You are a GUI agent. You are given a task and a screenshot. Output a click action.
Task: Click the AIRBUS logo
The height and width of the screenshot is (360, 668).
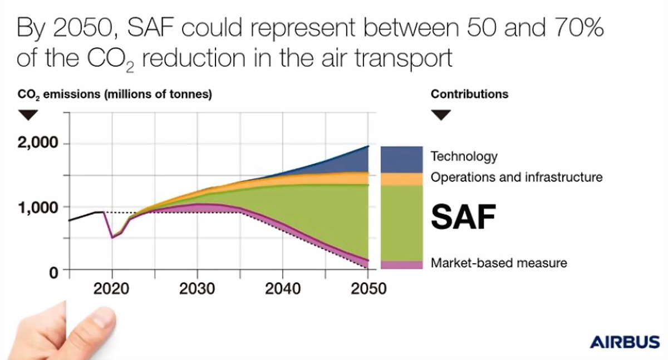[x=624, y=342]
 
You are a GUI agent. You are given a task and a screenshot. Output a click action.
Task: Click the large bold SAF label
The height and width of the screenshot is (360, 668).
[x=463, y=217]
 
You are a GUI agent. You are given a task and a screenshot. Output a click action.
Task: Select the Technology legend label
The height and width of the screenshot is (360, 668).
[x=464, y=156]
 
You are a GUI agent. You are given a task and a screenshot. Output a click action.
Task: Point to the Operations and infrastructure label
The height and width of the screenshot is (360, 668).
[x=517, y=177]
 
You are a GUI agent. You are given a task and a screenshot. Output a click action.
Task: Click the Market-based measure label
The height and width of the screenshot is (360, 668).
[x=499, y=263]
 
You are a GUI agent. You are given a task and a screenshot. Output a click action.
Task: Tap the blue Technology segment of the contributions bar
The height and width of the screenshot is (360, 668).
[x=401, y=159]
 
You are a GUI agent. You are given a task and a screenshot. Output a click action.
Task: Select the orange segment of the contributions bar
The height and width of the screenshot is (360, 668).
[x=401, y=179]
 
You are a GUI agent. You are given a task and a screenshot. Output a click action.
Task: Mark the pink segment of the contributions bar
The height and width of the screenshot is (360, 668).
[x=401, y=264]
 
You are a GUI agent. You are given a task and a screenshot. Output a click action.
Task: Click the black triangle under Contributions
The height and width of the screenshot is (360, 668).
[x=442, y=115]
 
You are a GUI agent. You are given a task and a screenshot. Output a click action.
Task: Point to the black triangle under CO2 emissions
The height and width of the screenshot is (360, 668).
[x=28, y=115]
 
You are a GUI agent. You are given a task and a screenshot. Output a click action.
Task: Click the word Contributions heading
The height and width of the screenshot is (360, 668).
[x=469, y=94]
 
